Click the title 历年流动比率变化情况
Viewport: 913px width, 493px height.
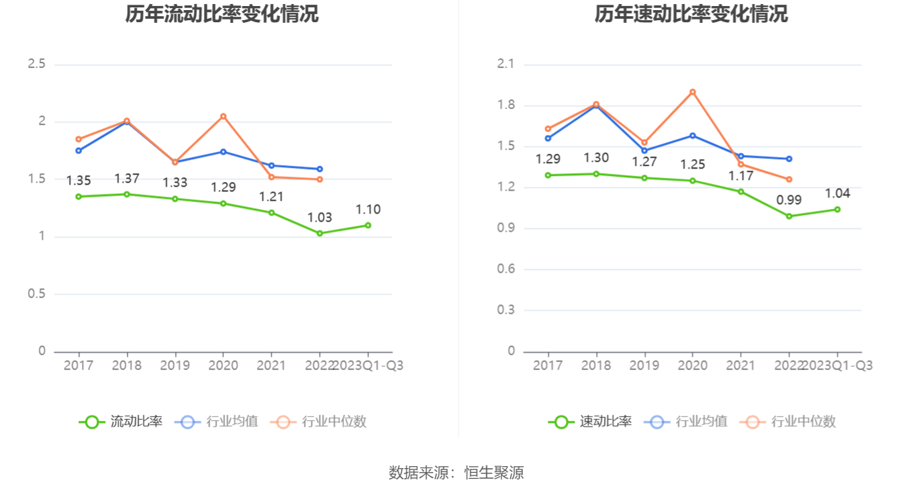tap(222, 13)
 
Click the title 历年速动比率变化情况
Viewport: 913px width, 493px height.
tap(691, 13)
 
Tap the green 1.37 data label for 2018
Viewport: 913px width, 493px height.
tap(127, 179)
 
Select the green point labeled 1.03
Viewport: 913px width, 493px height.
tap(320, 233)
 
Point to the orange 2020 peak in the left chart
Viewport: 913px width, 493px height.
tap(224, 116)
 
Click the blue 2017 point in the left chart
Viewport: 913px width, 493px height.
tap(79, 150)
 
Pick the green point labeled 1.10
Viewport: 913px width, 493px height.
tap(368, 225)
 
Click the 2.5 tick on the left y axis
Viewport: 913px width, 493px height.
tap(36, 64)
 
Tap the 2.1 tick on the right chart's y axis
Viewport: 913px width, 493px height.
tap(506, 64)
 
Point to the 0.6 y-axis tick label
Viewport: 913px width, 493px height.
tap(506, 269)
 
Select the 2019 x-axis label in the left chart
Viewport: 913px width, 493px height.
tap(175, 365)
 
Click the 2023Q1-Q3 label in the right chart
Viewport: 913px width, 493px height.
tap(837, 365)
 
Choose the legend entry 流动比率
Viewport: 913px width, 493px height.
tap(122, 422)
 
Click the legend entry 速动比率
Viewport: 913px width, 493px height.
tap(591, 422)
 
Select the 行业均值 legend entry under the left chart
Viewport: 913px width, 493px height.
tap(217, 422)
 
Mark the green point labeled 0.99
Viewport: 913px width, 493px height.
tap(789, 216)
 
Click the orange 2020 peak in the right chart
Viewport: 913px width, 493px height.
tap(693, 92)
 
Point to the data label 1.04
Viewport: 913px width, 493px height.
tap(837, 193)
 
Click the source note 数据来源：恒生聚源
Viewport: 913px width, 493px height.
tap(456, 473)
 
